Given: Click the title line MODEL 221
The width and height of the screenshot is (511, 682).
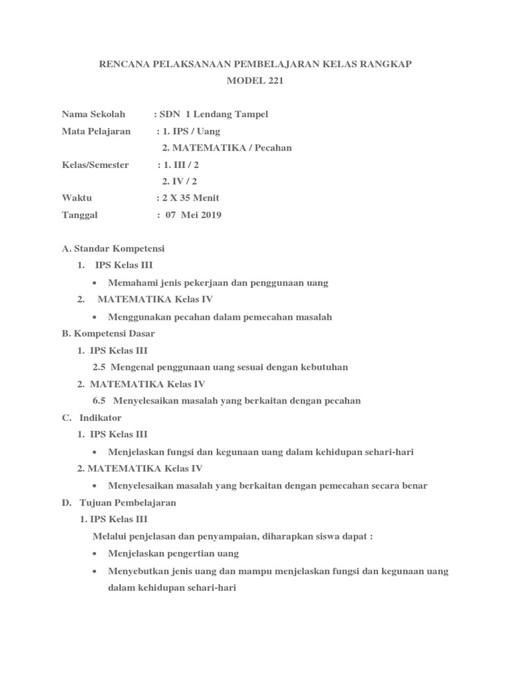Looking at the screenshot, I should click(x=255, y=81).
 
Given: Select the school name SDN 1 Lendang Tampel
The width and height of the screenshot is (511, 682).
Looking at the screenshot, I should click(x=214, y=114).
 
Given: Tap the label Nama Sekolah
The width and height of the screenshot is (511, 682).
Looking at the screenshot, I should click(x=93, y=114).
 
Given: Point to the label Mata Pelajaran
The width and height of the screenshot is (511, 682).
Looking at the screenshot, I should click(x=96, y=131).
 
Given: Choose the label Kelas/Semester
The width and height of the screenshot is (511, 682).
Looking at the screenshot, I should click(x=95, y=165).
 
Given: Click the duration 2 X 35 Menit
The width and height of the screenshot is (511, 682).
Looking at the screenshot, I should click(x=190, y=198).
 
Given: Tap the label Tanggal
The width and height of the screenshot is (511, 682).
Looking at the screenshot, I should click(x=80, y=214).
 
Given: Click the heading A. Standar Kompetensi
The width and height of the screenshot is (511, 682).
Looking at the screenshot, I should click(x=112, y=248).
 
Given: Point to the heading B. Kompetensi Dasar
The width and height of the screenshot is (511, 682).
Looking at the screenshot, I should click(x=108, y=333).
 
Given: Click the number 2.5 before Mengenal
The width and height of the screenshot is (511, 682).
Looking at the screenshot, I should click(x=99, y=367).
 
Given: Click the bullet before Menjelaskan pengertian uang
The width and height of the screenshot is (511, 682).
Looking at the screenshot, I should click(x=96, y=553).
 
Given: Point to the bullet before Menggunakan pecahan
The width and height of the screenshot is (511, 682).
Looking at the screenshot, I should click(x=96, y=317).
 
